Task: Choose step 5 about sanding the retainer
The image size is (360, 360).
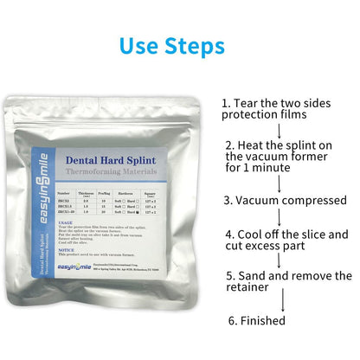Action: [x=288, y=282]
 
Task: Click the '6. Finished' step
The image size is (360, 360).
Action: [x=256, y=320]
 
